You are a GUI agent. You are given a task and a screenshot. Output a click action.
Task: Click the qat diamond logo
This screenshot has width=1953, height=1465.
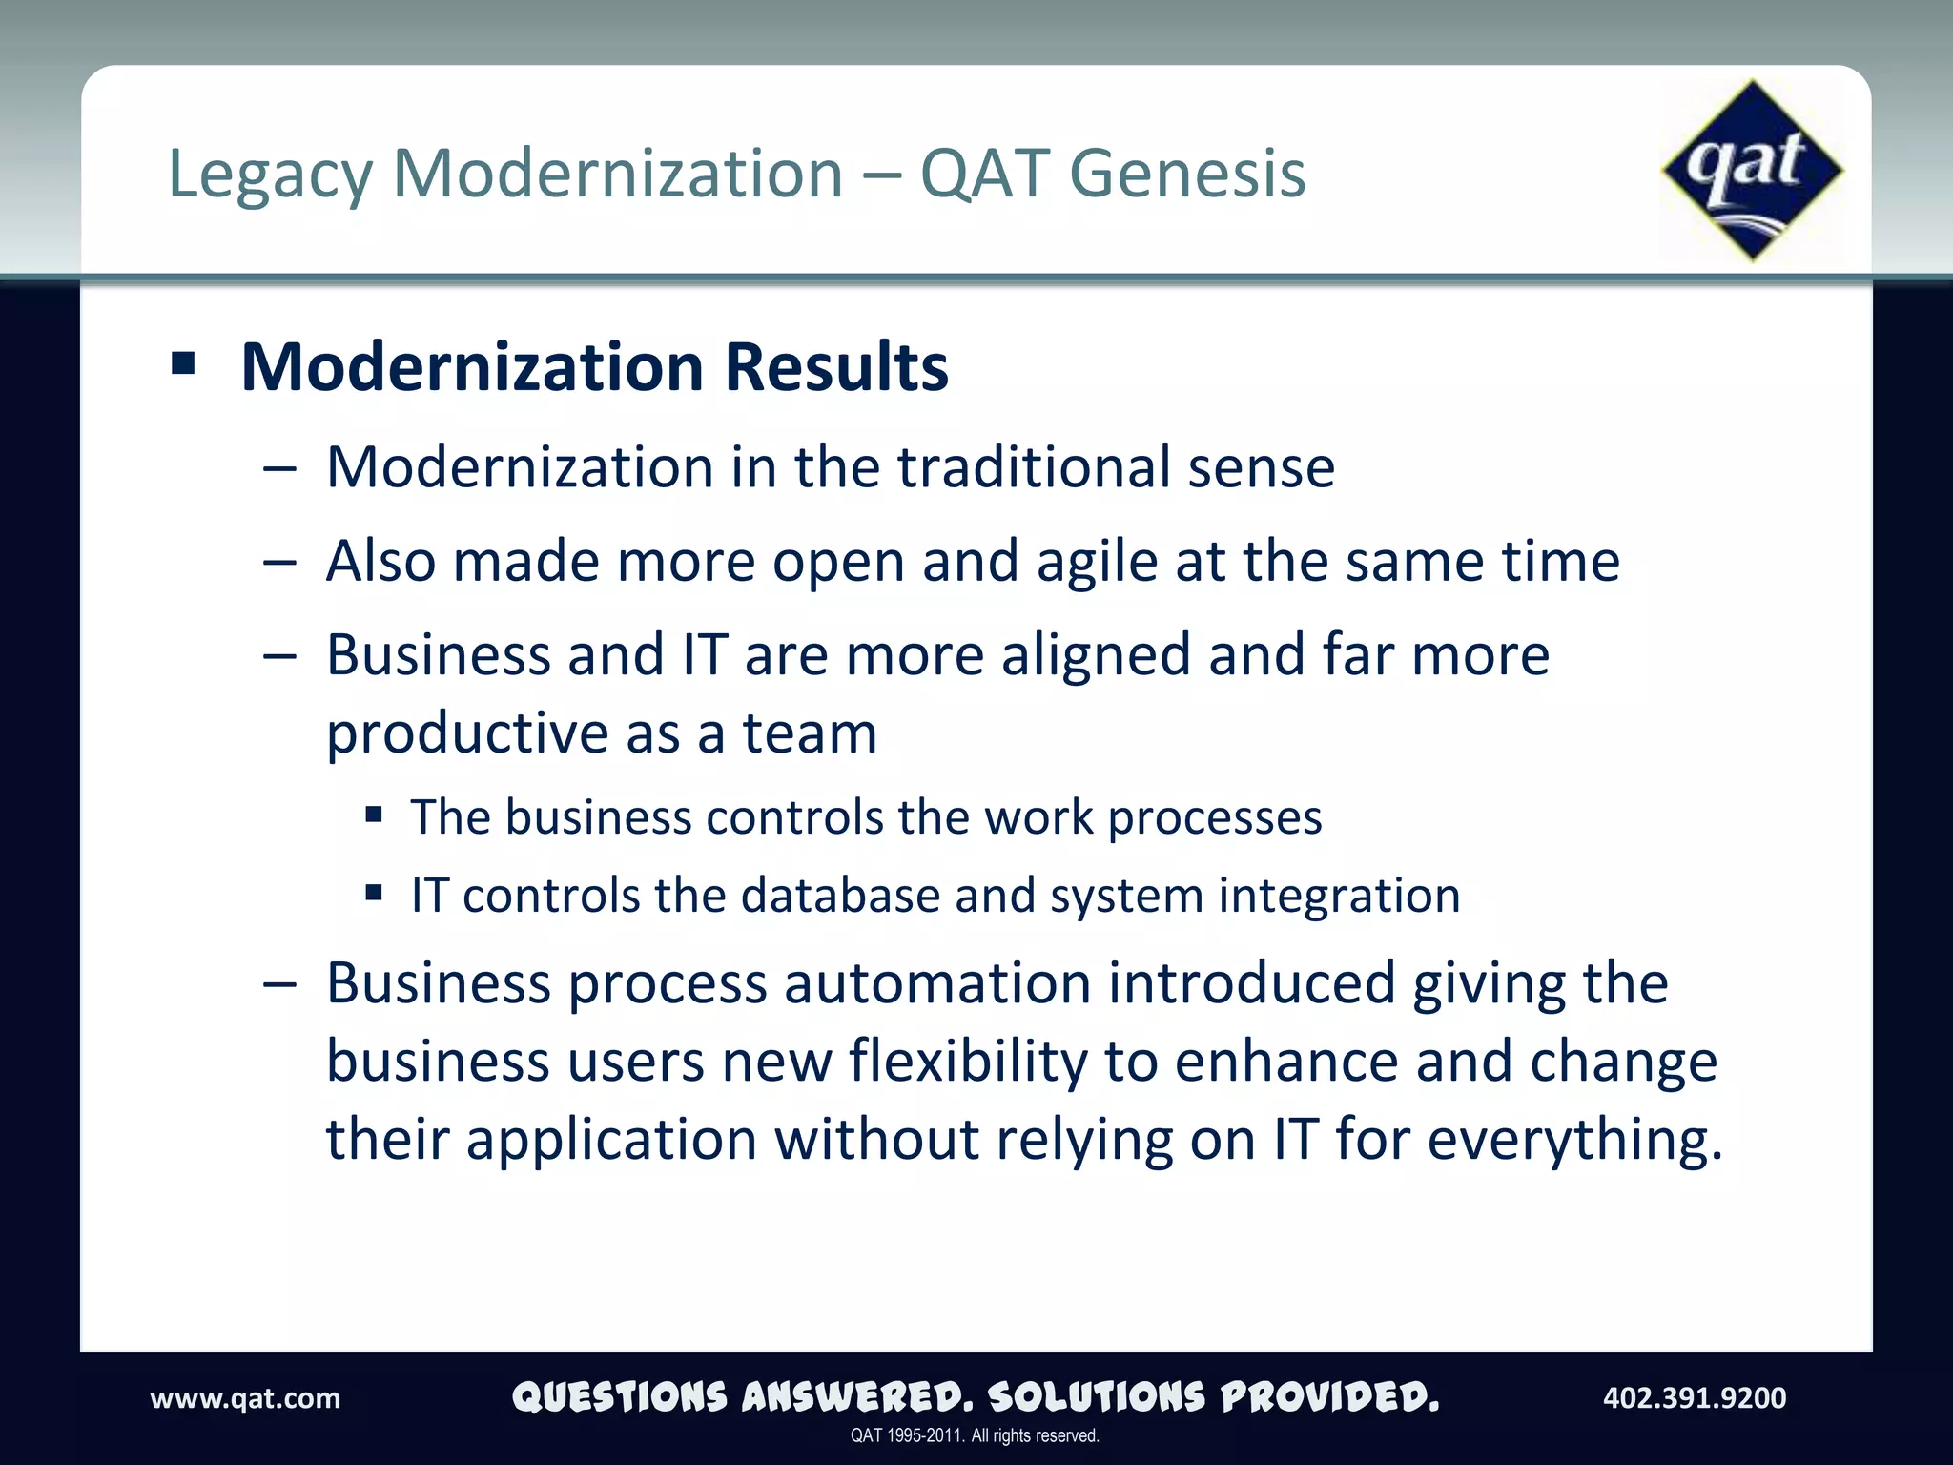[x=1752, y=171]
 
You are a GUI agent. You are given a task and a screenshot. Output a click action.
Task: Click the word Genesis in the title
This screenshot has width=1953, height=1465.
[x=1187, y=174]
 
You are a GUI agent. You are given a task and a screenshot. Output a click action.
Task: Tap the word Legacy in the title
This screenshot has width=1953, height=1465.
[x=270, y=175]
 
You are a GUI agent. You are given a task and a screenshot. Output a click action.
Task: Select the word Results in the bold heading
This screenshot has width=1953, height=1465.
[x=836, y=367]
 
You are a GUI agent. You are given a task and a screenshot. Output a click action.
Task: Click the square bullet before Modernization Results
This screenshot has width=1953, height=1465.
[x=183, y=363]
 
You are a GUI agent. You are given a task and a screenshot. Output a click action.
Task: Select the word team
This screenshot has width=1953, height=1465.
[x=810, y=733]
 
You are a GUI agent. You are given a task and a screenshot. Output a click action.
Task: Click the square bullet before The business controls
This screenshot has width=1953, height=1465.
[x=374, y=815]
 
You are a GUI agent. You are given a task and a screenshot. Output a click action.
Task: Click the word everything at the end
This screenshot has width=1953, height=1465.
[x=1574, y=1140]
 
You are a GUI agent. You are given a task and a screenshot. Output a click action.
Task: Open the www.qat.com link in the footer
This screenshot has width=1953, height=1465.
[x=245, y=1398]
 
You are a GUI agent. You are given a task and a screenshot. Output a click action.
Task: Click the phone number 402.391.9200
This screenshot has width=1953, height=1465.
[x=1695, y=1398]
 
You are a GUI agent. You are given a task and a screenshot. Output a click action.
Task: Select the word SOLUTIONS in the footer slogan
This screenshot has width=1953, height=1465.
[x=1097, y=1397]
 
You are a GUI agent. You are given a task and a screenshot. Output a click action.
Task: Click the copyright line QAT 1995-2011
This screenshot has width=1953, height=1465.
[x=975, y=1435]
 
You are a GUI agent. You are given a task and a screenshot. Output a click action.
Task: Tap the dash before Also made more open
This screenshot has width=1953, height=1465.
[x=279, y=563]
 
